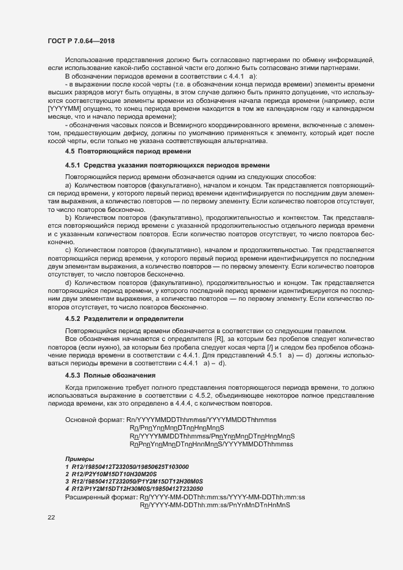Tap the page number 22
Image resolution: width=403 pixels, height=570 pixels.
51,518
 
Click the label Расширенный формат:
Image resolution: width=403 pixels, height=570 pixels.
101,497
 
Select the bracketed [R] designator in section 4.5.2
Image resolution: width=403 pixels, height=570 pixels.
218,338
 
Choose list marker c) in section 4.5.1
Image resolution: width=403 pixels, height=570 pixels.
68,250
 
